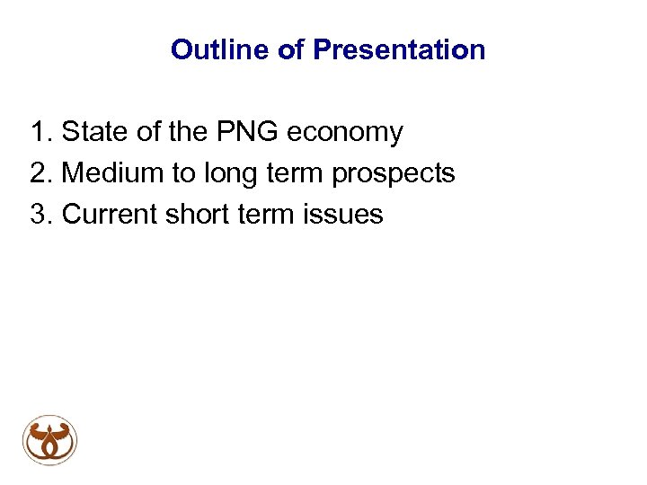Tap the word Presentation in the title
tap(399, 49)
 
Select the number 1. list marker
tap(41, 132)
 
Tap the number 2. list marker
tap(41, 173)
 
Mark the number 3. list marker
tap(41, 215)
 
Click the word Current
tap(106, 215)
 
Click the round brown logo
tap(50, 440)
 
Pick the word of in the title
tap(291, 49)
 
